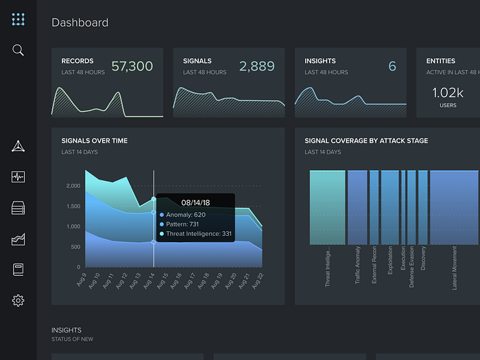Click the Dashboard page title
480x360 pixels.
click(x=80, y=23)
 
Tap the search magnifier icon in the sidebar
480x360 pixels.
click(x=19, y=50)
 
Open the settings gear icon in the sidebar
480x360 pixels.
click(x=19, y=300)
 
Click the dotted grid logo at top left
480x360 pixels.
click(x=19, y=19)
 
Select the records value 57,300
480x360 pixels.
click(x=132, y=66)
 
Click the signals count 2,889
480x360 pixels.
click(x=256, y=66)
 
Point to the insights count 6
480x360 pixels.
click(x=392, y=66)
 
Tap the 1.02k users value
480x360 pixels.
click(x=448, y=93)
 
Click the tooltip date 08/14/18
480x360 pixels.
click(x=195, y=202)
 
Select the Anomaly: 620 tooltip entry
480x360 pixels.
click(x=185, y=215)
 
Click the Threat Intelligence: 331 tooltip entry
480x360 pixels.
click(x=198, y=234)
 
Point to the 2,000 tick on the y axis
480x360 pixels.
click(x=73, y=186)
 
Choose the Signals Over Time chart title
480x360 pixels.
click(x=94, y=141)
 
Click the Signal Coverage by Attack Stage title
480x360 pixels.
click(x=366, y=141)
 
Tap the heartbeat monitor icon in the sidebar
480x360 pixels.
click(x=19, y=177)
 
